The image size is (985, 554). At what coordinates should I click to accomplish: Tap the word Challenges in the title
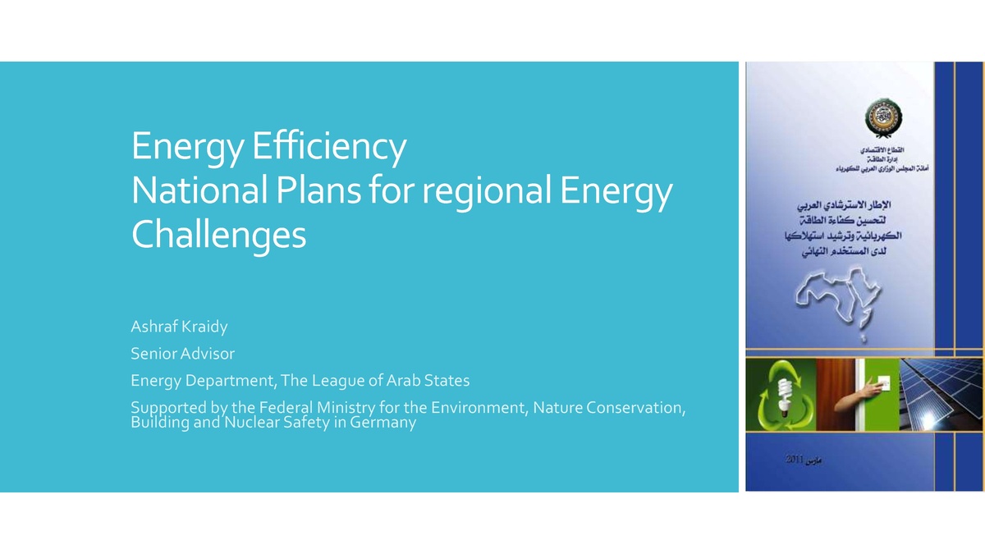218,236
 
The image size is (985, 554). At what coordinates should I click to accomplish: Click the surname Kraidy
205,327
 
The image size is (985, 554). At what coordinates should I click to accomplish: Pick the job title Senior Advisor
182,354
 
